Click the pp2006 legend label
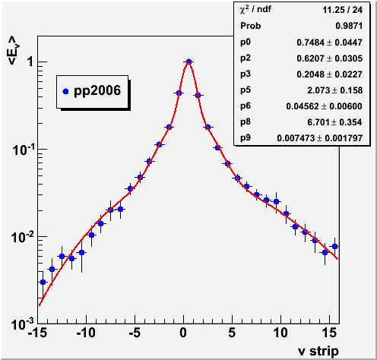tap(97, 91)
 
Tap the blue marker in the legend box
tap(65, 91)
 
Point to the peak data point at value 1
tap(188, 62)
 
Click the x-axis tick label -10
tap(86, 333)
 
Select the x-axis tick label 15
tap(329, 333)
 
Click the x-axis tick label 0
tap(183, 333)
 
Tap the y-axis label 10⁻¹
tap(23, 150)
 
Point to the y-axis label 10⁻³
tap(23, 324)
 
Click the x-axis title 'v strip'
tap(318, 351)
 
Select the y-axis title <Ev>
tap(13, 50)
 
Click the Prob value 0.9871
tap(349, 26)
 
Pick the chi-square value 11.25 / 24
tap(342, 10)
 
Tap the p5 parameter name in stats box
tap(246, 90)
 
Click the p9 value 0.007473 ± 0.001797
tap(320, 138)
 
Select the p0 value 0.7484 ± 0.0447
tap(329, 43)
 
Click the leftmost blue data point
tap(43, 282)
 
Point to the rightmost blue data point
tap(334, 246)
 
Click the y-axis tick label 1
tap(31, 62)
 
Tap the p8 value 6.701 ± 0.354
tap(334, 122)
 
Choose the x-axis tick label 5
tap(232, 333)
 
